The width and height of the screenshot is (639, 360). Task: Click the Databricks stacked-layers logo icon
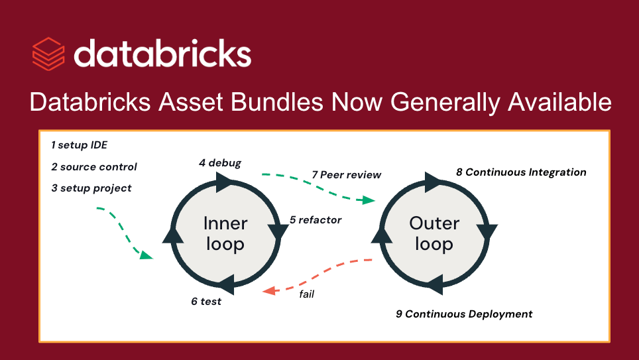point(48,54)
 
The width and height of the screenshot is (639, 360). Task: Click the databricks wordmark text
point(162,53)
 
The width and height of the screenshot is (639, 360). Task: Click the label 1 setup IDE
point(79,145)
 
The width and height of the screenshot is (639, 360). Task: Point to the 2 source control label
point(93,166)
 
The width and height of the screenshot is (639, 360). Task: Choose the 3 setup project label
point(91,188)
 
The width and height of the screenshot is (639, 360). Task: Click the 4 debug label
point(219,162)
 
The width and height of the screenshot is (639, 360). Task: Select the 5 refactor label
point(316,220)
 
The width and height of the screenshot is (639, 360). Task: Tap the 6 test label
point(206,302)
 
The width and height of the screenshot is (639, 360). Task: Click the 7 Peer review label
point(347,175)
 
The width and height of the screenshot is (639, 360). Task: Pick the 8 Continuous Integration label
point(521,172)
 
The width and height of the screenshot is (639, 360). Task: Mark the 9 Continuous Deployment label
point(464,314)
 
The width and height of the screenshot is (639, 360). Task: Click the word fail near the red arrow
point(306,294)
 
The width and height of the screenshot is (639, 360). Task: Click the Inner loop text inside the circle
point(225,233)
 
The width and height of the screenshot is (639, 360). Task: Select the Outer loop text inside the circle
point(434,233)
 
